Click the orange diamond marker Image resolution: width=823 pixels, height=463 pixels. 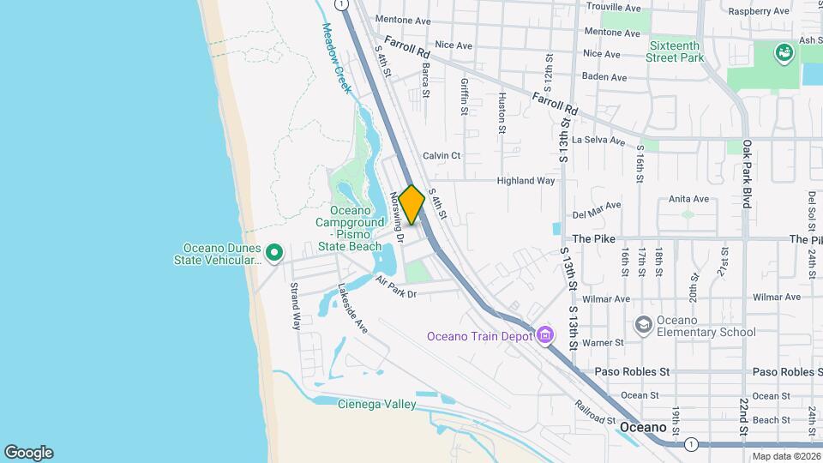pos(411,205)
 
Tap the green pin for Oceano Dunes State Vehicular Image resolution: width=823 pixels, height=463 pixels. pos(274,252)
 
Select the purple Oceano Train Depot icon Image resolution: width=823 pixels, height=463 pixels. pos(545,335)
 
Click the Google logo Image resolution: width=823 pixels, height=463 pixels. pos(28,453)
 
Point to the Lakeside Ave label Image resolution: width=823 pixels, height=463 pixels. pos(352,309)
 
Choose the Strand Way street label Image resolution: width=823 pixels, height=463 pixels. pos(296,306)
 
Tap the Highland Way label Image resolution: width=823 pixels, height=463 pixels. pos(526,181)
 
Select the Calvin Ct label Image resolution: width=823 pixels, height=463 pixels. pos(442,155)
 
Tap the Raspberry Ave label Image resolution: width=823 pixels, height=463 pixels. pos(758,11)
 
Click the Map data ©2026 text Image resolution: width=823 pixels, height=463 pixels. pos(786,456)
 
